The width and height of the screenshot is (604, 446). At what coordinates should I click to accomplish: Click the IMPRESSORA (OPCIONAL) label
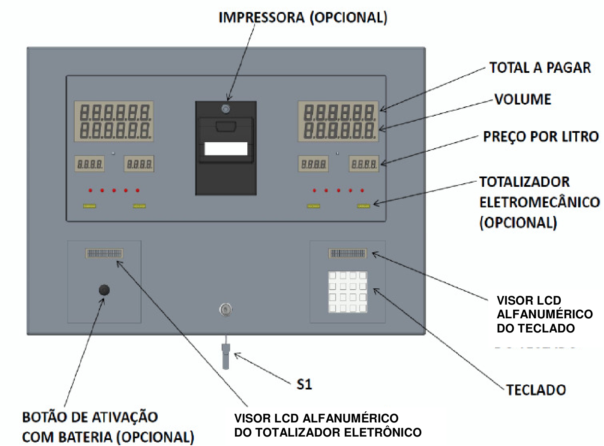point(303,18)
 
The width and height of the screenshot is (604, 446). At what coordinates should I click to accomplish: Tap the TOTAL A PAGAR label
point(540,68)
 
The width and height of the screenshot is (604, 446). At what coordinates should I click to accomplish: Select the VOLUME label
point(523,99)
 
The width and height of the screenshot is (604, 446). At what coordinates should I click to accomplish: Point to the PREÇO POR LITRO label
point(541,137)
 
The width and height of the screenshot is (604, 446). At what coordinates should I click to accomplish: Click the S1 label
point(304,384)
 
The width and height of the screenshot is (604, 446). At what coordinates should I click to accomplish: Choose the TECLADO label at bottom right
point(536,390)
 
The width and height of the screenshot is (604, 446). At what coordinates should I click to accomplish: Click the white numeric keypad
point(348,292)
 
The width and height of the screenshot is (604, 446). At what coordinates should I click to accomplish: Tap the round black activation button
point(104,290)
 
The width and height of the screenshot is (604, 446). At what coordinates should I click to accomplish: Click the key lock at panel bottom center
point(226,310)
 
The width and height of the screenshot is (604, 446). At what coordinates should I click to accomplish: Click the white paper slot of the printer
point(226,149)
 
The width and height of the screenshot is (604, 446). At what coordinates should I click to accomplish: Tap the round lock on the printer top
point(226,109)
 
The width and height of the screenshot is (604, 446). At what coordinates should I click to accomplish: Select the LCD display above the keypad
point(348,254)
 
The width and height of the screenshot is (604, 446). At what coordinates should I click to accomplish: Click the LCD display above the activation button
point(104,254)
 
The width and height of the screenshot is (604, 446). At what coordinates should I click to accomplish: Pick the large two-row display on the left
point(114,121)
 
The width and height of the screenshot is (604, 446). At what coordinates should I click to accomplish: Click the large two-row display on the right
point(338,121)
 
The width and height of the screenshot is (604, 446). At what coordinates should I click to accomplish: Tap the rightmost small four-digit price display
point(364,164)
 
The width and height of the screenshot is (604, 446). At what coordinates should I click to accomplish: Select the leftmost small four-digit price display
point(90,164)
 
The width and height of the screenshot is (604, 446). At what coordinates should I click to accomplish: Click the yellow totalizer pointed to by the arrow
point(364,206)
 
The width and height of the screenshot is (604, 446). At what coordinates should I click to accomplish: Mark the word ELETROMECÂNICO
point(539,202)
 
